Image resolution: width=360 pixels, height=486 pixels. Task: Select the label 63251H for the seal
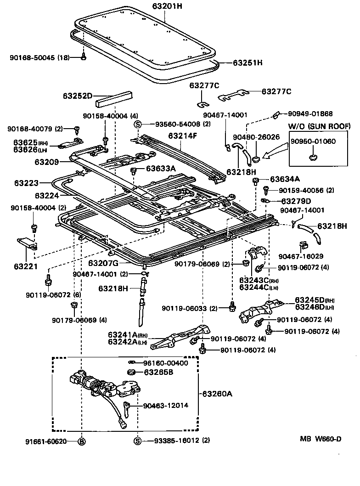pyautogui.click(x=247, y=62)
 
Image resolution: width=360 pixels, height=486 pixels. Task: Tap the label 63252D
pyautogui.click(x=78, y=96)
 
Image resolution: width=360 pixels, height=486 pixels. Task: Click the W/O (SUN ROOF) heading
pyautogui.click(x=319, y=126)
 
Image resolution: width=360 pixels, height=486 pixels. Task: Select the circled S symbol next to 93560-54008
pyautogui.click(x=136, y=124)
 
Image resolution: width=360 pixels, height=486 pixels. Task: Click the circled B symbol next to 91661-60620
pyautogui.click(x=81, y=441)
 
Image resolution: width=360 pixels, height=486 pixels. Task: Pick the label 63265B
pyautogui.click(x=158, y=372)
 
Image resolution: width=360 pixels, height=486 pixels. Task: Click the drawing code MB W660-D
pyautogui.click(x=321, y=439)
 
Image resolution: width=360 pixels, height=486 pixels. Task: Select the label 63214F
pyautogui.click(x=182, y=136)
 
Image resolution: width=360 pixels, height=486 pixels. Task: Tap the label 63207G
pyautogui.click(x=103, y=263)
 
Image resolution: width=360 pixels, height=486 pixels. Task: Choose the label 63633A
pyautogui.click(x=161, y=169)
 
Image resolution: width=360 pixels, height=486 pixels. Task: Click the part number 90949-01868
pyautogui.click(x=311, y=113)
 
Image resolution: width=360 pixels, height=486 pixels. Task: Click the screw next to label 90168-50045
pyautogui.click(x=84, y=57)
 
